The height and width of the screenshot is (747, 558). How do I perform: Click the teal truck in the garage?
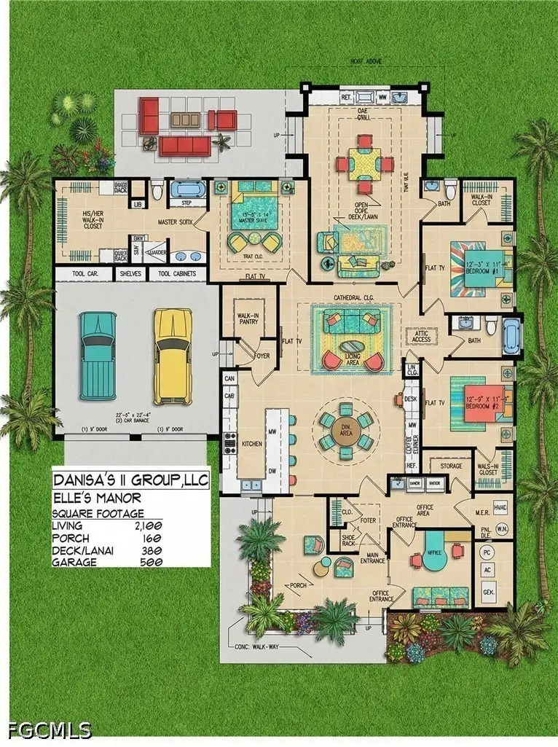(98, 355)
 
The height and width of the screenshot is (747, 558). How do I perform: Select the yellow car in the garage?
(172, 355)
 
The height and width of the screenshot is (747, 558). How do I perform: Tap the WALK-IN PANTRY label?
(248, 318)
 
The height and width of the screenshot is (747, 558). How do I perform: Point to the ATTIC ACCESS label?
(420, 336)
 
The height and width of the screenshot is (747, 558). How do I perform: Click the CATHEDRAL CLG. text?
(353, 298)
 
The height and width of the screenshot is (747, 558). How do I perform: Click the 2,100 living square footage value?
(148, 525)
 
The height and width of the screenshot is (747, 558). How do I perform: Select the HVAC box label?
(500, 506)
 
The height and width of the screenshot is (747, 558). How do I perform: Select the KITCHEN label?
(251, 444)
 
